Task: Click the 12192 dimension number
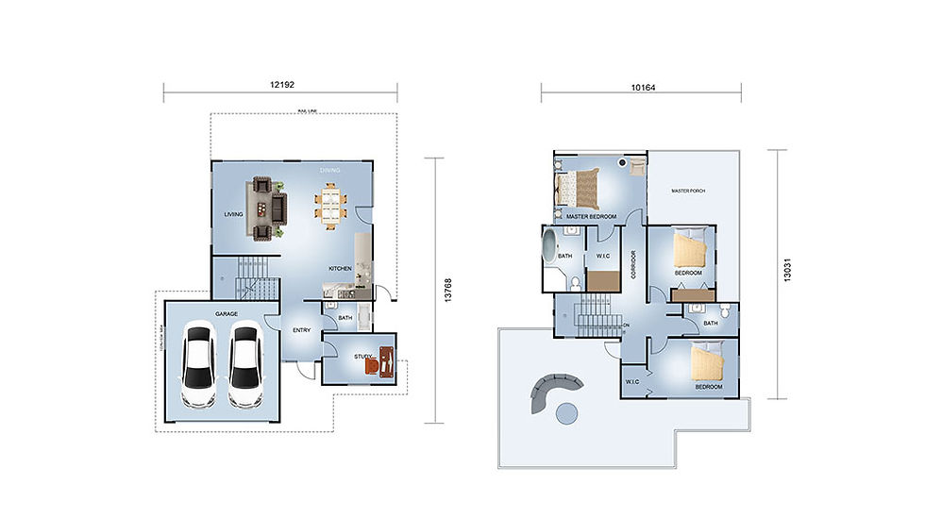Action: pos(282,85)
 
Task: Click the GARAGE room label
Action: pos(226,313)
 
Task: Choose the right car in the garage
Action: pos(245,366)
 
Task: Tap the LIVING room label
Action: pos(234,214)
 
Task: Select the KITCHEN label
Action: pos(340,269)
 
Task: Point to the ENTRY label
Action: pos(302,330)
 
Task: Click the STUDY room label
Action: pos(363,356)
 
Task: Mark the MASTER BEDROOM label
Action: pos(592,217)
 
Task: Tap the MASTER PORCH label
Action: pos(688,191)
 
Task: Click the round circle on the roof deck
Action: pos(565,412)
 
